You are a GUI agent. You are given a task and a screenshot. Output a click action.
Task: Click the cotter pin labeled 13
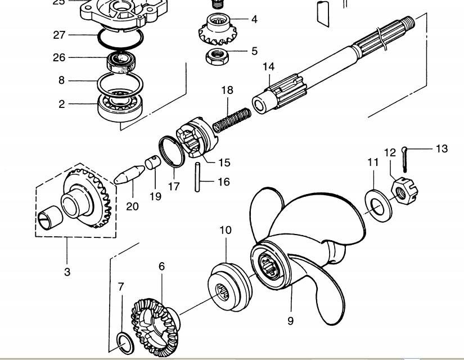[404, 160]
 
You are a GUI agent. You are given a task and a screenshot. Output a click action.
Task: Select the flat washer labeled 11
[378, 206]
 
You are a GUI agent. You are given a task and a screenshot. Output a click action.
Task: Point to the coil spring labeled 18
[232, 120]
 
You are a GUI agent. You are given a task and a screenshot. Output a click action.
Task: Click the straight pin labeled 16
[197, 177]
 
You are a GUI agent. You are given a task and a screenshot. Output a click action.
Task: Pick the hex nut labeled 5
[217, 57]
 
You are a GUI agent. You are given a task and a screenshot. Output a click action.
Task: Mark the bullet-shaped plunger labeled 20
[129, 175]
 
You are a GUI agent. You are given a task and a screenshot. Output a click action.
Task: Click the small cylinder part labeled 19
[152, 162]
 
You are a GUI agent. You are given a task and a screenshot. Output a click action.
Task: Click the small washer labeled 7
[125, 344]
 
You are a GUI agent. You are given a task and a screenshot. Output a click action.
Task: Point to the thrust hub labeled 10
[230, 286]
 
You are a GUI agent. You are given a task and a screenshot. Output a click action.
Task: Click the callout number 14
[269, 67]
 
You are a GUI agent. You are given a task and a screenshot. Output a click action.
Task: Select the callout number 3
[67, 272]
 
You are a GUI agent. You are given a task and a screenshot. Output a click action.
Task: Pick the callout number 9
[291, 321]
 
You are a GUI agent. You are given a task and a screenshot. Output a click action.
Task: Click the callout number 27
[59, 35]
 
